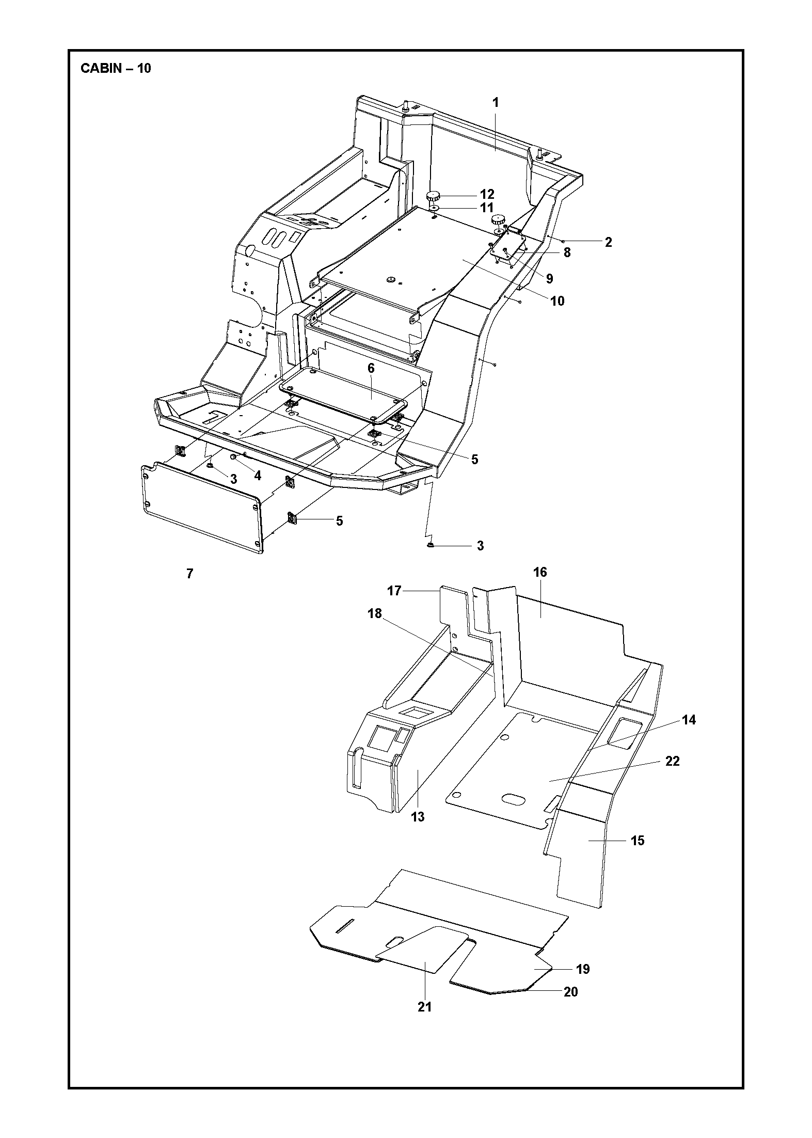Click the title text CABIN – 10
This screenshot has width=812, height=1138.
[x=116, y=68]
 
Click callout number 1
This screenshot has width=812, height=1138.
[x=496, y=102]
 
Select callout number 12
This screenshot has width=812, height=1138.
[x=487, y=194]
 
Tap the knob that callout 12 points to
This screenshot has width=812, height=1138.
[x=433, y=196]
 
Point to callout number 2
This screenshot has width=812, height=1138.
[x=608, y=242]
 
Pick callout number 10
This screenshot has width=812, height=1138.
[x=558, y=301]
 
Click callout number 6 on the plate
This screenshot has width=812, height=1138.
[x=371, y=368]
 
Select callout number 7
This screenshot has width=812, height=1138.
[x=190, y=574]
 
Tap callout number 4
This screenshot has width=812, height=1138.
[x=257, y=476]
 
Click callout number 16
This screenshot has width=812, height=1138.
[x=540, y=572]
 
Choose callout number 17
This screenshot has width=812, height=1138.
[x=394, y=591]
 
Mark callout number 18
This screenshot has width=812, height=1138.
[x=374, y=613]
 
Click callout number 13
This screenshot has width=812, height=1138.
[x=418, y=817]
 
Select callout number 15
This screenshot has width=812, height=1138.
[x=638, y=841]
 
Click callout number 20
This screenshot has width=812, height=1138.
[x=570, y=992]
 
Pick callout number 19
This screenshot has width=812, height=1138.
[x=583, y=969]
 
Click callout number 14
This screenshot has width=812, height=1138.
[x=689, y=720]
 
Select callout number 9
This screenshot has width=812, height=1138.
[x=549, y=279]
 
